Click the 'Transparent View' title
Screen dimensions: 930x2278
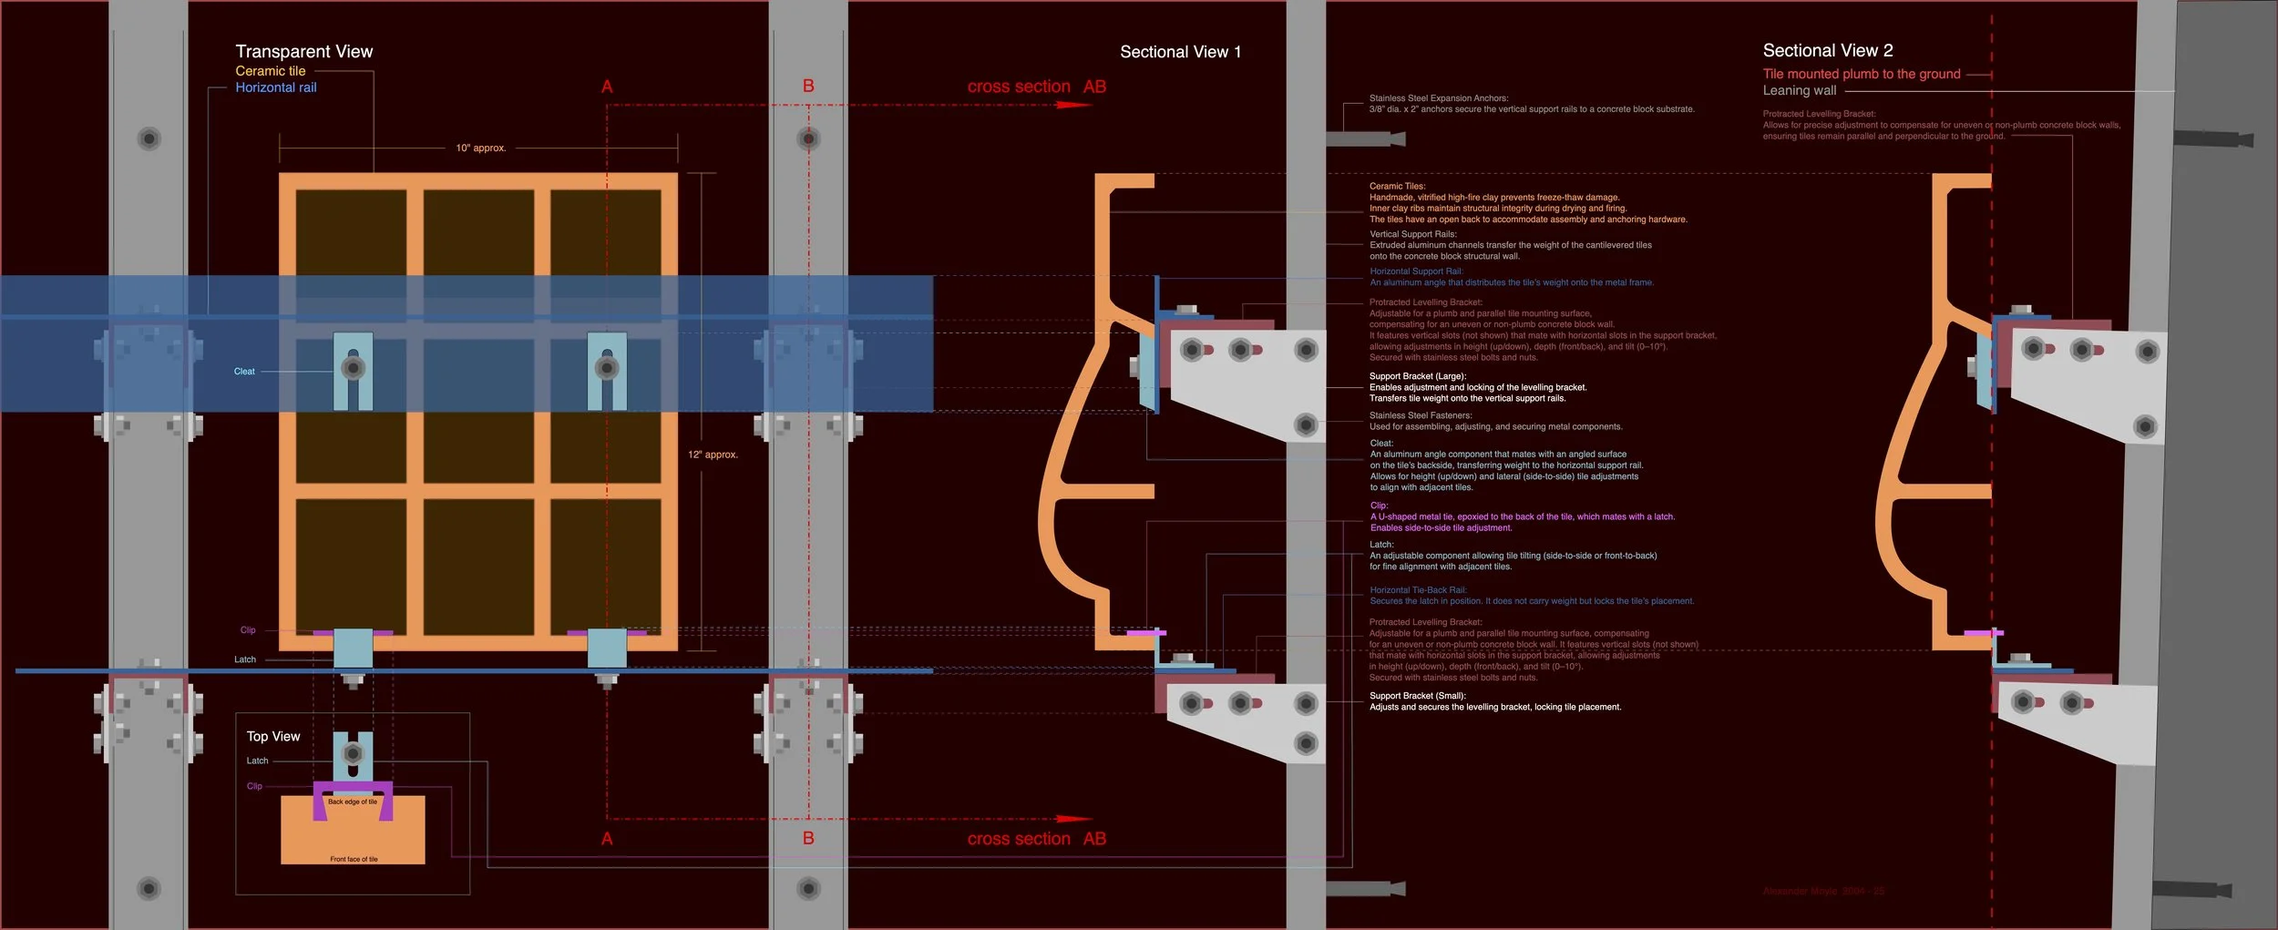tap(303, 52)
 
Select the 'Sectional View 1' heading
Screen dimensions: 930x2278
tap(1180, 52)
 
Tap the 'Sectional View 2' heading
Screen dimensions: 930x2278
tap(1827, 50)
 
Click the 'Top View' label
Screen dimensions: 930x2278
tap(272, 736)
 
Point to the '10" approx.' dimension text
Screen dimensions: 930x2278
tap(480, 148)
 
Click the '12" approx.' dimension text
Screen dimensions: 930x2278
tap(713, 455)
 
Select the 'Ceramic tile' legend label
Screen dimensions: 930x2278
tap(270, 71)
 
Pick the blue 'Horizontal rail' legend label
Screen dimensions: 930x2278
tap(275, 87)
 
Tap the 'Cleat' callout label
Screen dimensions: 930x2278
tap(244, 372)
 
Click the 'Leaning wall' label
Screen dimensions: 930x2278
tap(1799, 90)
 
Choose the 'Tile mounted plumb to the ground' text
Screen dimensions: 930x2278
tap(1861, 74)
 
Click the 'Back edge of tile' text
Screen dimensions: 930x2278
tap(352, 802)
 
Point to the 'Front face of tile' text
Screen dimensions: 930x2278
tap(354, 859)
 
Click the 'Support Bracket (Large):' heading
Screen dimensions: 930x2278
tap(1417, 376)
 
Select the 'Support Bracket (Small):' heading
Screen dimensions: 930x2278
tap(1417, 696)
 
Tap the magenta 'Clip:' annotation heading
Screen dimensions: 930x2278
tap(1379, 506)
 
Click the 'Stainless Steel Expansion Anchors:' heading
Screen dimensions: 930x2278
tap(1438, 98)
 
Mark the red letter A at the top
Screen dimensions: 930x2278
tap(607, 87)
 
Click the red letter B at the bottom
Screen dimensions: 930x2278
tap(808, 838)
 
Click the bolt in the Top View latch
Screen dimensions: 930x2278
tap(353, 753)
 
